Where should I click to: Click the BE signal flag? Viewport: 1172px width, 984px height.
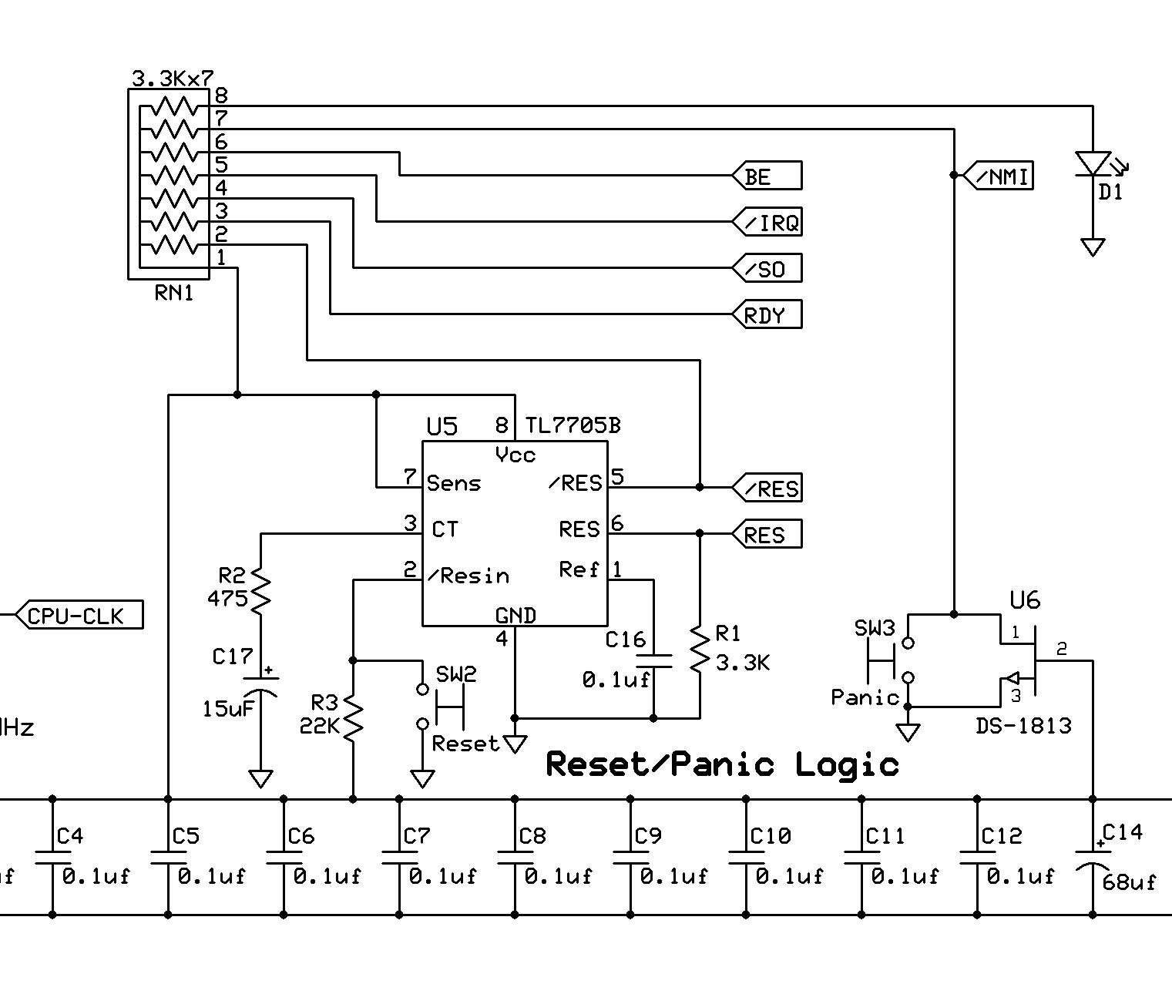click(x=767, y=176)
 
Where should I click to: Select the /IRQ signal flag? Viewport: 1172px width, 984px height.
click(x=767, y=223)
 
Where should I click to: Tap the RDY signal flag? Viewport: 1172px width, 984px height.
click(x=767, y=315)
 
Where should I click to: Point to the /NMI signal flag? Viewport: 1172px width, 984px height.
click(x=998, y=176)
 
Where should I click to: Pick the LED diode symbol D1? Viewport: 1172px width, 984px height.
click(x=1093, y=163)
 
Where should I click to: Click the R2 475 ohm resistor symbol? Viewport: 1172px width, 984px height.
click(x=260, y=589)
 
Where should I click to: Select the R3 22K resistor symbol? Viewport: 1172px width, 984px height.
click(x=353, y=717)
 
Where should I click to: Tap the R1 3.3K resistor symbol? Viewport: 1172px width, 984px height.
click(x=700, y=650)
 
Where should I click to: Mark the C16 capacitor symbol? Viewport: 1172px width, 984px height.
click(x=653, y=660)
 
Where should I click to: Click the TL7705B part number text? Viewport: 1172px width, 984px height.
click(x=573, y=425)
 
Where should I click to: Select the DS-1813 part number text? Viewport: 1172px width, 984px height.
click(x=1023, y=726)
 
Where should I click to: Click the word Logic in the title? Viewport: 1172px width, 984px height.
click(x=848, y=764)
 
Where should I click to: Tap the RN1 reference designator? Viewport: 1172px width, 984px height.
click(x=173, y=293)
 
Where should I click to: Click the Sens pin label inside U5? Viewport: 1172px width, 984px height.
click(x=454, y=484)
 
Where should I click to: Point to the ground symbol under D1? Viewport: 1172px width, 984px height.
click(x=1093, y=247)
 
